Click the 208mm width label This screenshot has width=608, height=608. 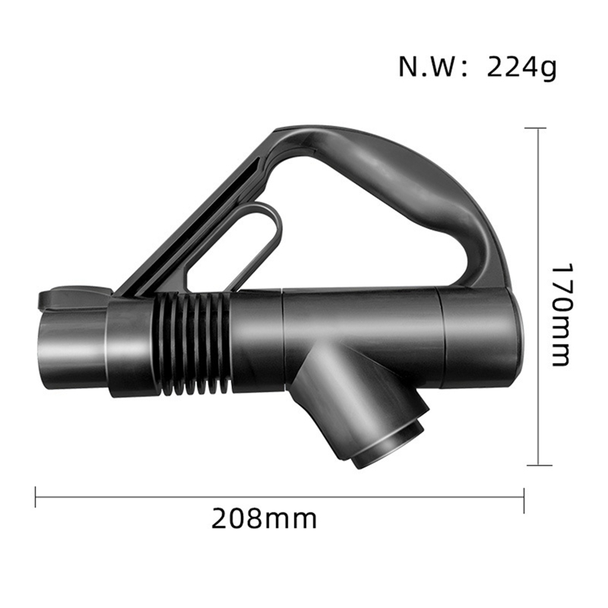click(263, 520)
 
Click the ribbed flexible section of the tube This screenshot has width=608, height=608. click(194, 344)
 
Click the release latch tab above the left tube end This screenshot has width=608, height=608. click(72, 296)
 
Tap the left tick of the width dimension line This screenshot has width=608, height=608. click(36, 498)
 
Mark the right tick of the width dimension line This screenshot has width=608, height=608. click(524, 498)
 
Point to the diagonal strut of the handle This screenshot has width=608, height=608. click(198, 220)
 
